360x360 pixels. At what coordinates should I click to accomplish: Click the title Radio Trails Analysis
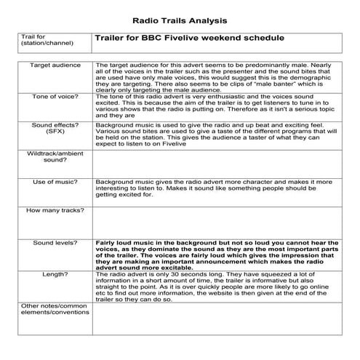180,18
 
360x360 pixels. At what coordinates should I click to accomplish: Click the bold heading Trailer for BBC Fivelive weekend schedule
189,37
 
